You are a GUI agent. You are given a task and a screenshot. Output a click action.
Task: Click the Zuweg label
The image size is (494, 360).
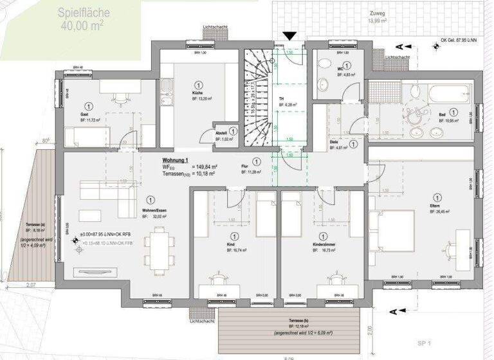[x=378, y=12]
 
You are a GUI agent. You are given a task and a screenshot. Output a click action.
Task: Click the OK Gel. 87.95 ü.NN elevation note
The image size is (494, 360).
[x=461, y=40]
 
